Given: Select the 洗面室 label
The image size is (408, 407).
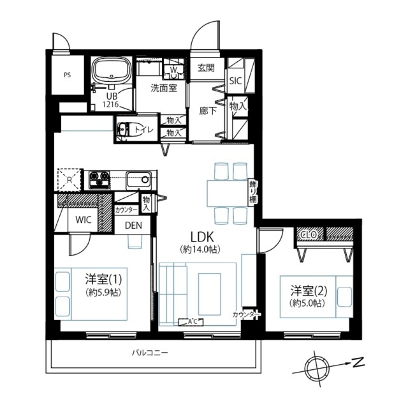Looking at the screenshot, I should [164, 88].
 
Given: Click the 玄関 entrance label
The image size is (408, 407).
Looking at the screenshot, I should [206, 68].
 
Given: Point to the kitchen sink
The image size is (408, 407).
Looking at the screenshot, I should [137, 178].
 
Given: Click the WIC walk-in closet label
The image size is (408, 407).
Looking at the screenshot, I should [84, 220].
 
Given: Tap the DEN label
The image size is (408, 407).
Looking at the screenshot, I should [133, 225].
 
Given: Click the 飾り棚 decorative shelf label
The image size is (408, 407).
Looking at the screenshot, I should [252, 191].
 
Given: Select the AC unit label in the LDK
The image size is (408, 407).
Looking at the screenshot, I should [193, 321].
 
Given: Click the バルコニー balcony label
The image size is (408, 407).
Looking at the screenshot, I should [150, 352].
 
